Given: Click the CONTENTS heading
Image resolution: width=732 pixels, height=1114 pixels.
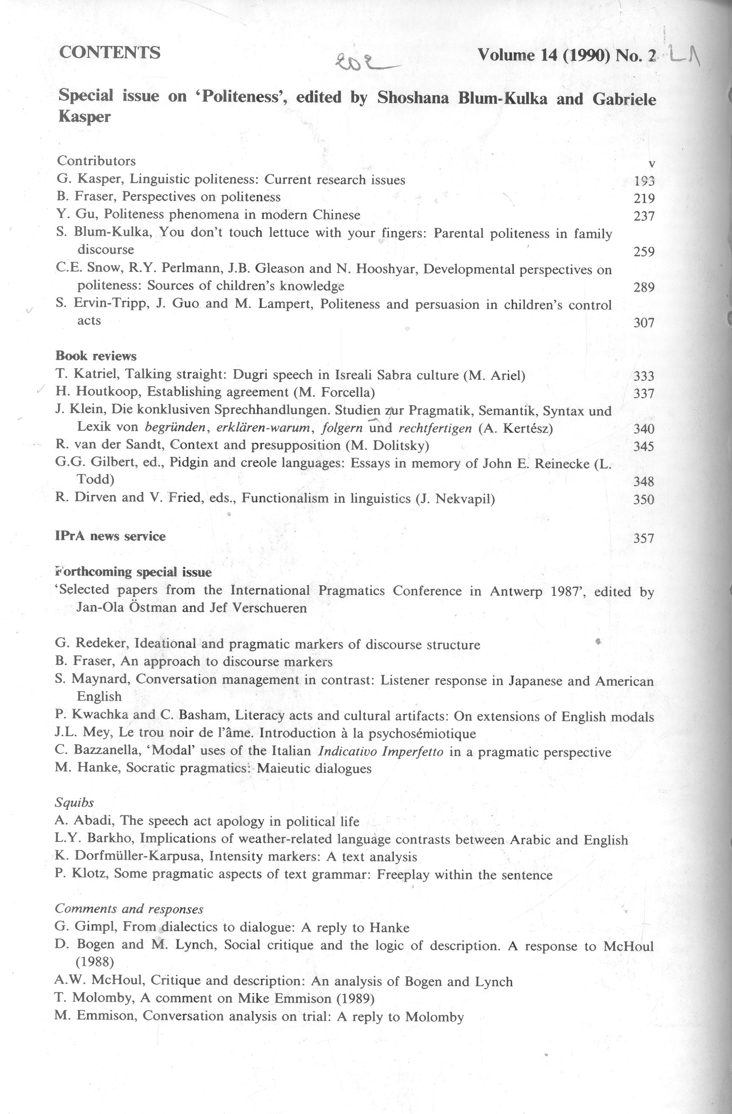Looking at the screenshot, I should click(110, 53).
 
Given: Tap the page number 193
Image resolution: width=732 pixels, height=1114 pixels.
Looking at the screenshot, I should click(644, 181).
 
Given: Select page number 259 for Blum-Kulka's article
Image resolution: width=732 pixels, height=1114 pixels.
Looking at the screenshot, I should click(644, 252).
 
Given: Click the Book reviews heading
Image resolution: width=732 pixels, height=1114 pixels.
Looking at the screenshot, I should click(96, 356).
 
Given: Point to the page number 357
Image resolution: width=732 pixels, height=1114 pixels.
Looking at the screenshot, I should click(644, 538).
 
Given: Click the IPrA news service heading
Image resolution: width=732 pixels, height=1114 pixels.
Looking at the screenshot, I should click(110, 536).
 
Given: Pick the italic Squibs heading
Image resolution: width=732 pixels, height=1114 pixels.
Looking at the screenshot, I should click(74, 803).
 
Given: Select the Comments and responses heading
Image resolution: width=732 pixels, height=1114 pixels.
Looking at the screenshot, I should click(129, 909).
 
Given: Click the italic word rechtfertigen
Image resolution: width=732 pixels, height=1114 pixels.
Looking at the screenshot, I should click(435, 428).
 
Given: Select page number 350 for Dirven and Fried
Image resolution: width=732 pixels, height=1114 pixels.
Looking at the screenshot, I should click(644, 499).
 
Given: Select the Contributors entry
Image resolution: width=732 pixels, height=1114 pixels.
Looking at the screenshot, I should click(96, 161).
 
